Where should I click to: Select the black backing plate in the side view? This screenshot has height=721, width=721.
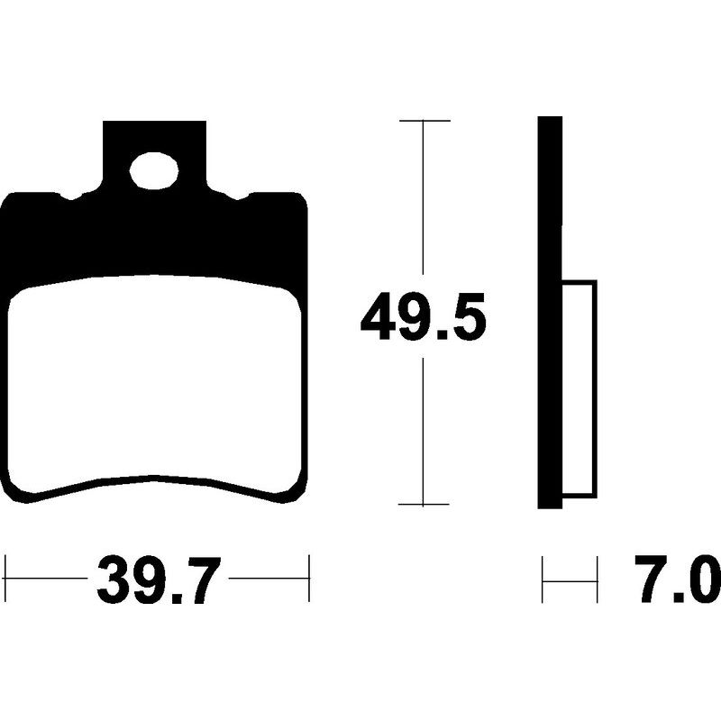click(551, 225)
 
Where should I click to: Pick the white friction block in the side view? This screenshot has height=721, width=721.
click(580, 388)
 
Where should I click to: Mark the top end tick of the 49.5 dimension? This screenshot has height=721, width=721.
click(424, 120)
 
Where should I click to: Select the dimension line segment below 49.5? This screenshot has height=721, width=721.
click(424, 424)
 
